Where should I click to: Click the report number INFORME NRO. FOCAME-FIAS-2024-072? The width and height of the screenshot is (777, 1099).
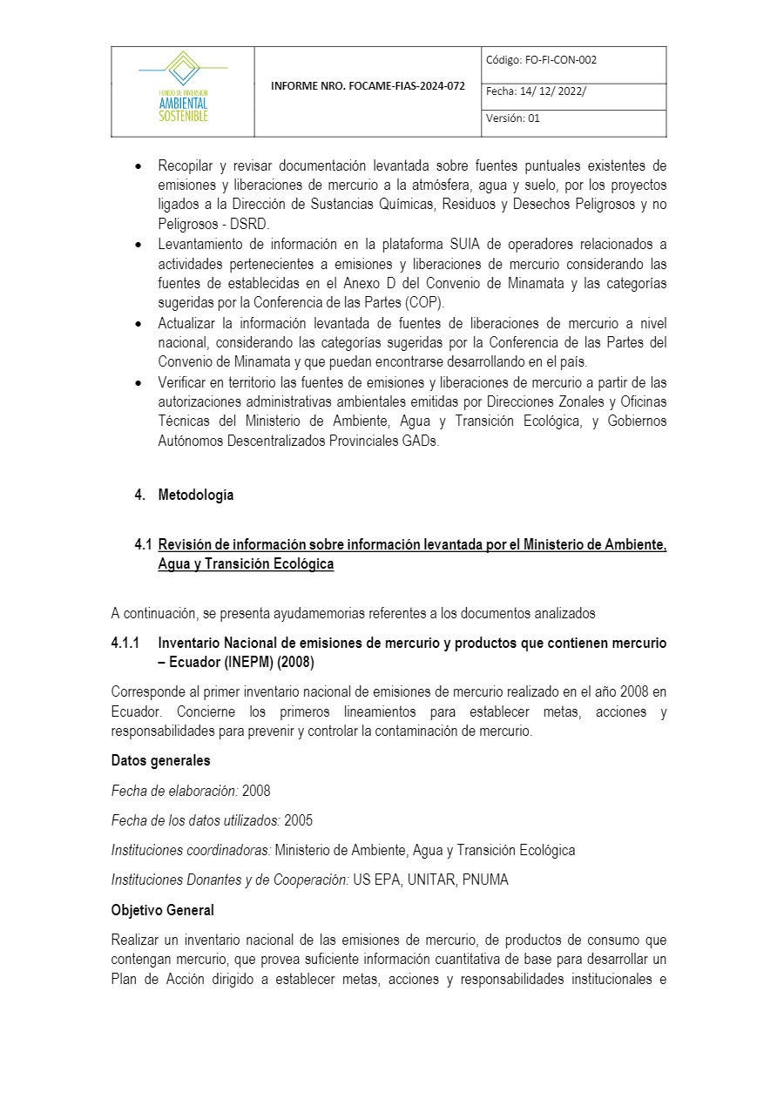pyautogui.click(x=368, y=87)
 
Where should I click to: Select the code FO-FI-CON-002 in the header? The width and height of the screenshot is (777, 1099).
pyautogui.click(x=560, y=60)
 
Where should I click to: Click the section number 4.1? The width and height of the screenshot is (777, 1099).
pyautogui.click(x=144, y=544)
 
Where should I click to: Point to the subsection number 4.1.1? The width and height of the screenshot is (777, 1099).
pyautogui.click(x=127, y=643)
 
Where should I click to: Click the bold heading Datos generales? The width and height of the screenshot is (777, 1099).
pyautogui.click(x=160, y=760)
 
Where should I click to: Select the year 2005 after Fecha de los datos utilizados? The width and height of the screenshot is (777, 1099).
pyautogui.click(x=299, y=820)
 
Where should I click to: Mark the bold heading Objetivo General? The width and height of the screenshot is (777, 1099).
pyautogui.click(x=162, y=910)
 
